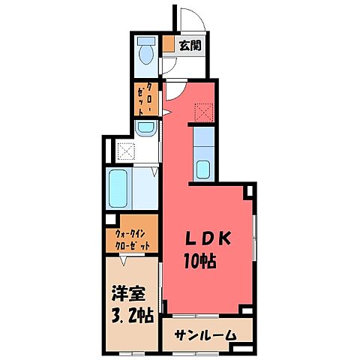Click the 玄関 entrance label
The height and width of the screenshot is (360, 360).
(189, 46)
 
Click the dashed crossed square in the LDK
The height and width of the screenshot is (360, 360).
(204, 113)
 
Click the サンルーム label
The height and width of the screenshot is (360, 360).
(207, 335)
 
